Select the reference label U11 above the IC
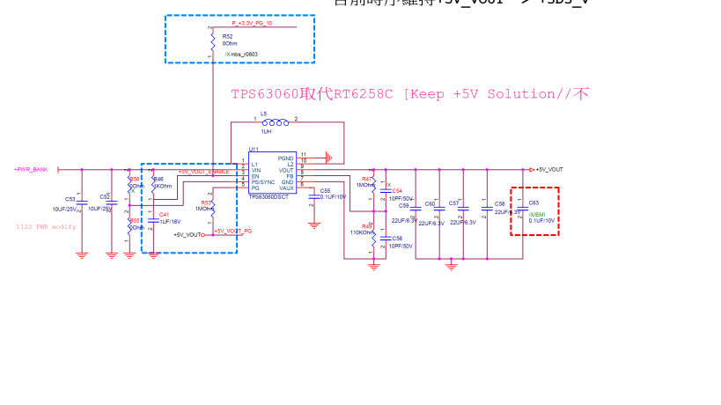coord(254,150)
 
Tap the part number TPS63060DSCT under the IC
coord(268,198)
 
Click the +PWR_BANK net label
coord(31,169)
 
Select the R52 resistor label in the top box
coord(228,36)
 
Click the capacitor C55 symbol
coord(314,196)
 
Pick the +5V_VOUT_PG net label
coord(233,231)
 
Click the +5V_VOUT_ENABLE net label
coord(203,172)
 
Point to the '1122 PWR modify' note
coord(46,226)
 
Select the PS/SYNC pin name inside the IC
coord(263,182)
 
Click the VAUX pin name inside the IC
coord(286,188)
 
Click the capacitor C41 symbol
coord(152,216)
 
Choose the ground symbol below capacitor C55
coord(314,225)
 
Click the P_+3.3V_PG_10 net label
coord(252,23)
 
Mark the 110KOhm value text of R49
coord(362,232)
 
